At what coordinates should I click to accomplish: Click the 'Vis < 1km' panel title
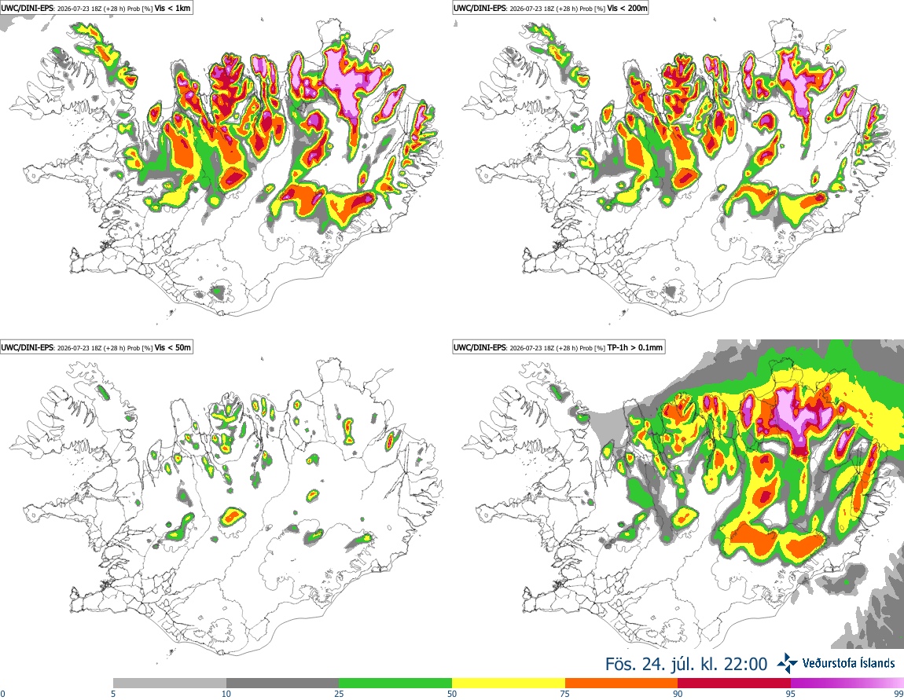[x=173, y=8]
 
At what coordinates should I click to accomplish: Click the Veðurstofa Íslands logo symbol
[x=787, y=663]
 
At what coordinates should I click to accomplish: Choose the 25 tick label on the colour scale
[x=339, y=694]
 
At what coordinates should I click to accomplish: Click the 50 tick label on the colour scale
[x=452, y=694]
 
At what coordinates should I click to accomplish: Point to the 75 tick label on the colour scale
[x=565, y=694]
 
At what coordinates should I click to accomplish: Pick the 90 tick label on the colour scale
[x=678, y=694]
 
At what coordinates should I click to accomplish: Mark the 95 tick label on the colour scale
[x=791, y=694]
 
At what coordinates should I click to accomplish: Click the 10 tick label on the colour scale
[x=226, y=694]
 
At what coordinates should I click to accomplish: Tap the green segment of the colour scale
[x=395, y=684]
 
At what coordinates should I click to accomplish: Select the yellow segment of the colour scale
[x=509, y=684]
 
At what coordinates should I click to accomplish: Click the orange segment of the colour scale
[x=622, y=684]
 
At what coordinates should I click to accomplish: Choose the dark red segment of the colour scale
[x=734, y=684]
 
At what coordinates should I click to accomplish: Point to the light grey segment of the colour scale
[x=170, y=684]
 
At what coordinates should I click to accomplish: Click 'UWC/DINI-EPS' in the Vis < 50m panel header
[x=27, y=347]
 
